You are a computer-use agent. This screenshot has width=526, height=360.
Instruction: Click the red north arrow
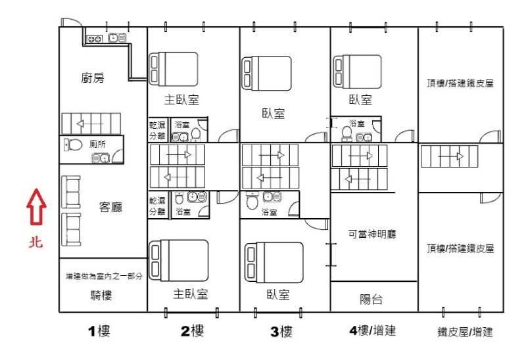(37, 206)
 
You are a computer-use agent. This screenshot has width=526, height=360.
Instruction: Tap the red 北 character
(36, 242)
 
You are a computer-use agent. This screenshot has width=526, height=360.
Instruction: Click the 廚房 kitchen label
(93, 78)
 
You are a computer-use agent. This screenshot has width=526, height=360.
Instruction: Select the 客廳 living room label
(110, 207)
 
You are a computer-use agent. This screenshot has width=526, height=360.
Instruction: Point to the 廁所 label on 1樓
(97, 144)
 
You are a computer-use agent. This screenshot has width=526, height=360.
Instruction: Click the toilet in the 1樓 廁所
(73, 145)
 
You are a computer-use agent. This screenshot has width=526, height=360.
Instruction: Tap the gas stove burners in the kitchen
(95, 39)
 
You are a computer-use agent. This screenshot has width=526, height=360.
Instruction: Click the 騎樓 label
(101, 296)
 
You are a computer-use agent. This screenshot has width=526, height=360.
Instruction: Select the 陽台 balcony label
(371, 299)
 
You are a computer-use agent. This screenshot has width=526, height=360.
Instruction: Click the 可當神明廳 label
(372, 234)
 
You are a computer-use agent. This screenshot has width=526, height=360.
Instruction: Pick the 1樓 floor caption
(99, 331)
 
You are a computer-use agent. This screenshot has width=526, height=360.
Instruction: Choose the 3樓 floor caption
(281, 332)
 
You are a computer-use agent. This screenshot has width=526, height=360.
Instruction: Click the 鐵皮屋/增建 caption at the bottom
(465, 332)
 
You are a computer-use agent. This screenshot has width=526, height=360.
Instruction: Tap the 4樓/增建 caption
(372, 330)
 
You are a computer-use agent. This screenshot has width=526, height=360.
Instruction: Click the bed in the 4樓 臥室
(357, 72)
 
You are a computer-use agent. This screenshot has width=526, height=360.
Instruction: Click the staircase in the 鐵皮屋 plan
(449, 156)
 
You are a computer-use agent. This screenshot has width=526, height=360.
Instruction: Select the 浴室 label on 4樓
(356, 124)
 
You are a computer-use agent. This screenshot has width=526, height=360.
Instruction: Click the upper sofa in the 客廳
(71, 192)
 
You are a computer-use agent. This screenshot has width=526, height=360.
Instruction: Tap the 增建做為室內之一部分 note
(104, 276)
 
